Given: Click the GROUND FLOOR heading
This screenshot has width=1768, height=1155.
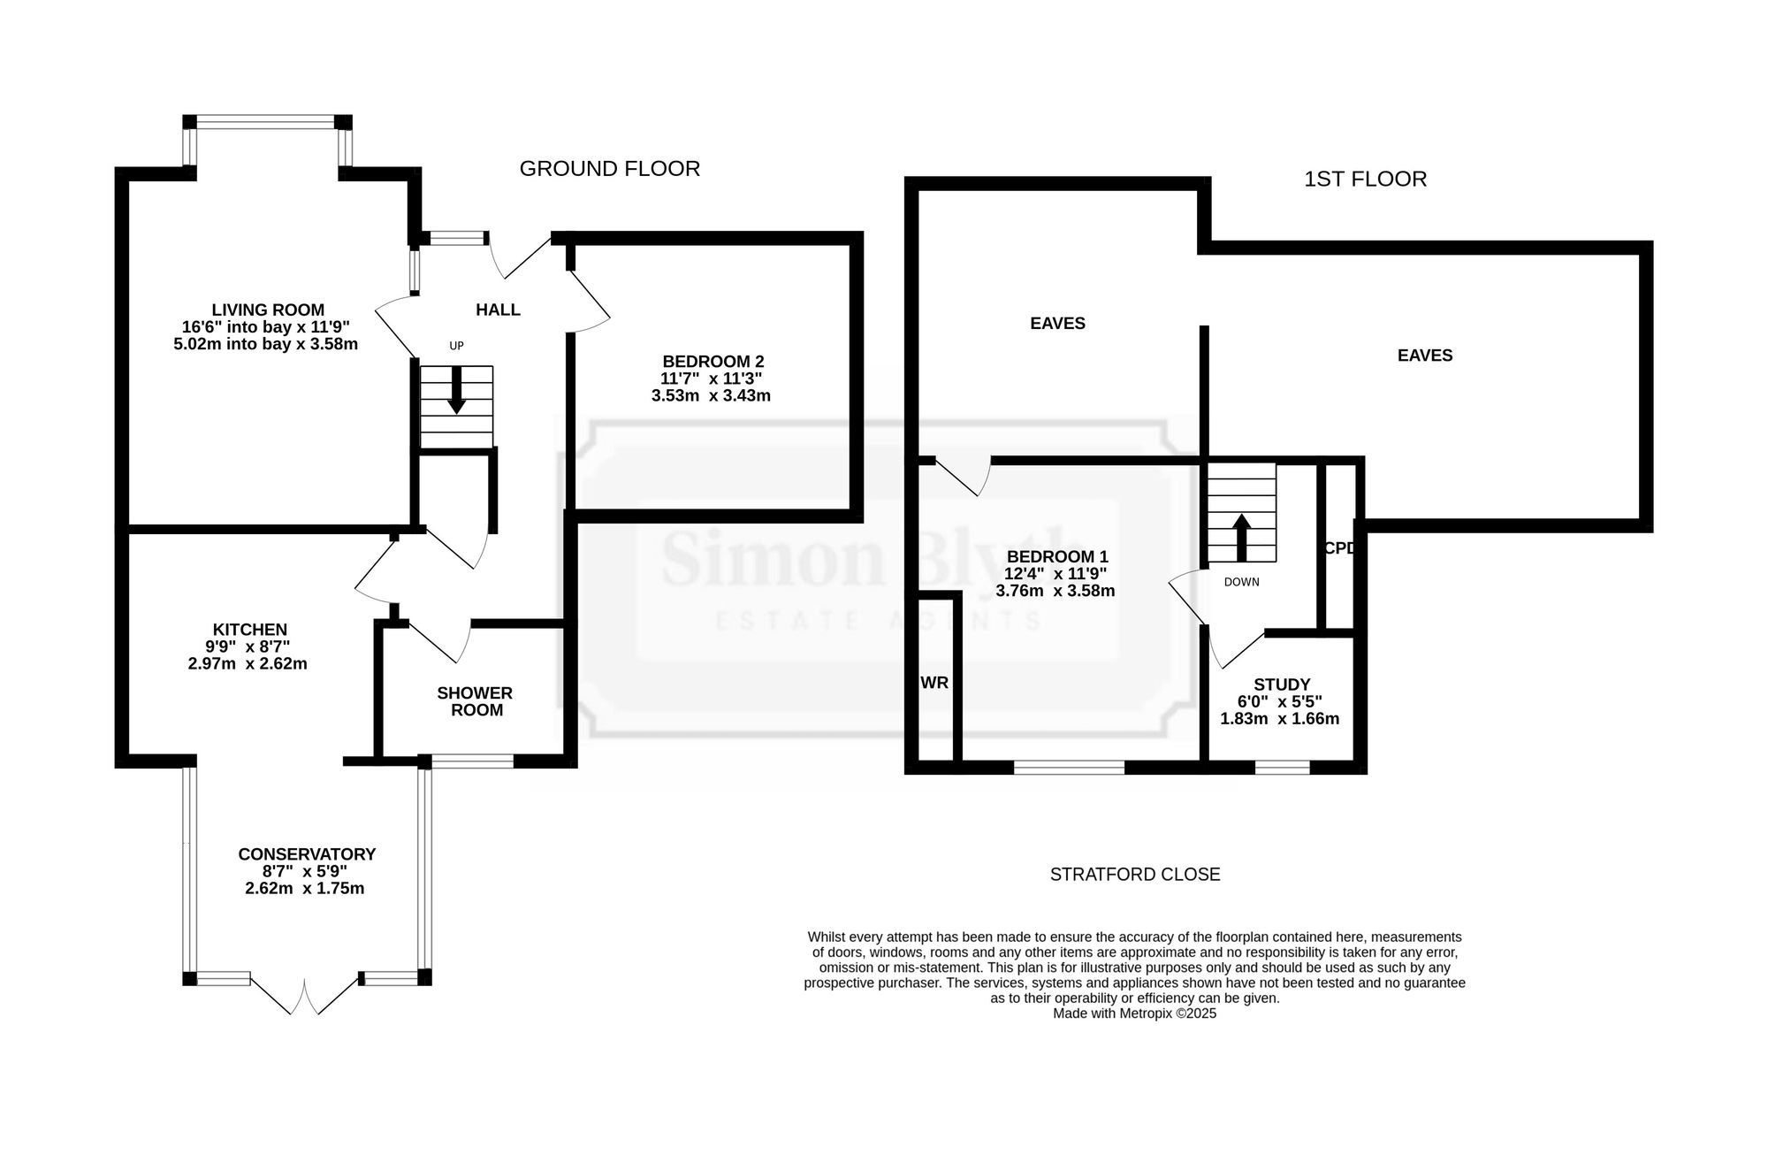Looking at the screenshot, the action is pyautogui.click(x=609, y=168).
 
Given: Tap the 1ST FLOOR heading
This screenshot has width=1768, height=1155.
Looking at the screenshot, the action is pyautogui.click(x=1365, y=179).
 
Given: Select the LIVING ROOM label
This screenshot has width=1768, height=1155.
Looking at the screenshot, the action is pyautogui.click(x=268, y=310).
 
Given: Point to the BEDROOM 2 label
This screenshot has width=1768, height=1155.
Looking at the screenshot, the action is pyautogui.click(x=713, y=361).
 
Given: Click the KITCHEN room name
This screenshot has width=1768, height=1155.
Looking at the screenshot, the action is pyautogui.click(x=250, y=630).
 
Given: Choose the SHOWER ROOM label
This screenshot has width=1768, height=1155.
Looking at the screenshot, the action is pyautogui.click(x=476, y=701).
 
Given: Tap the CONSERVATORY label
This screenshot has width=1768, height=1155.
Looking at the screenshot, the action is pyautogui.click(x=307, y=854).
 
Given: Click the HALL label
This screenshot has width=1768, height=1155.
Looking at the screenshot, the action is pyautogui.click(x=498, y=310).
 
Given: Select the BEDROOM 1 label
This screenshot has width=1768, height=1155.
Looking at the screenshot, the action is pyautogui.click(x=1057, y=556).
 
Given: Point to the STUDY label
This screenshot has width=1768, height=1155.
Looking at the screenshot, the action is pyautogui.click(x=1282, y=685).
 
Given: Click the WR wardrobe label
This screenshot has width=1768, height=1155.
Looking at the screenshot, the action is pyautogui.click(x=934, y=683).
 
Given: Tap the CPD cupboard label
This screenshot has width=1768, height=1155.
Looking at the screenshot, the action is pyautogui.click(x=1339, y=548).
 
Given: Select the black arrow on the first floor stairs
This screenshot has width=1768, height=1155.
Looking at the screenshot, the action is pyautogui.click(x=1242, y=538).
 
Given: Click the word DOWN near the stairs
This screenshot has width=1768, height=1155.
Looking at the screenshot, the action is pyautogui.click(x=1242, y=582).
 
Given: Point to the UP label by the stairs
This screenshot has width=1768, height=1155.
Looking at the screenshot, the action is pyautogui.click(x=456, y=346).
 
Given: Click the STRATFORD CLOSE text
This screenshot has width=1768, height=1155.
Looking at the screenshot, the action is pyautogui.click(x=1135, y=875).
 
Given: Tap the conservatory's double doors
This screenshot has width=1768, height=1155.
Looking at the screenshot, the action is pyautogui.click(x=306, y=994).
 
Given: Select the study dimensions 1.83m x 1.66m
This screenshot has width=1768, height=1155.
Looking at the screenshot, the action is pyautogui.click(x=1280, y=719).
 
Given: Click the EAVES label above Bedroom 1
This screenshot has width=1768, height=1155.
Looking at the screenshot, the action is pyautogui.click(x=1058, y=324).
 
